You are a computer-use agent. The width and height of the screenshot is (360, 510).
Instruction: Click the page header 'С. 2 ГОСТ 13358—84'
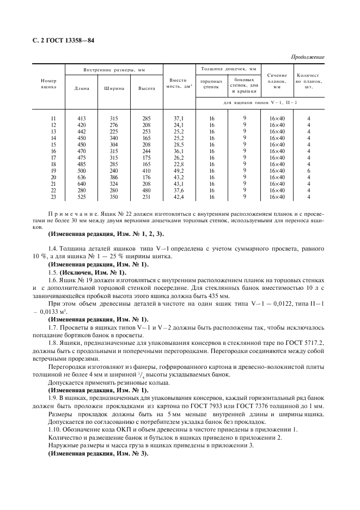tap(64, 41)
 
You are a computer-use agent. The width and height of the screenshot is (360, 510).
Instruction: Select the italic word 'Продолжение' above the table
tap(308, 57)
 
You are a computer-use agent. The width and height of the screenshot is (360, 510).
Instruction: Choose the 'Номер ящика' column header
tap(49, 83)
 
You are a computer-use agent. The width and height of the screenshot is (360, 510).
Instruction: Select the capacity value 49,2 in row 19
tap(179, 171)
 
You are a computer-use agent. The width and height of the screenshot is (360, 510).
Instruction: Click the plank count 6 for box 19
tap(308, 171)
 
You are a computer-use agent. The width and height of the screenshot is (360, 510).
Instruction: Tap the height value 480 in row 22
tap(147, 190)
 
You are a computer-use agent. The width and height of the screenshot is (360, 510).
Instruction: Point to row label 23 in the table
tap(53, 197)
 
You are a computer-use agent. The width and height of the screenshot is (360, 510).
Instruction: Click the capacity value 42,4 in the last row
tap(179, 197)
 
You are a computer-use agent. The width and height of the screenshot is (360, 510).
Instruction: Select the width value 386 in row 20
tap(114, 177)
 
